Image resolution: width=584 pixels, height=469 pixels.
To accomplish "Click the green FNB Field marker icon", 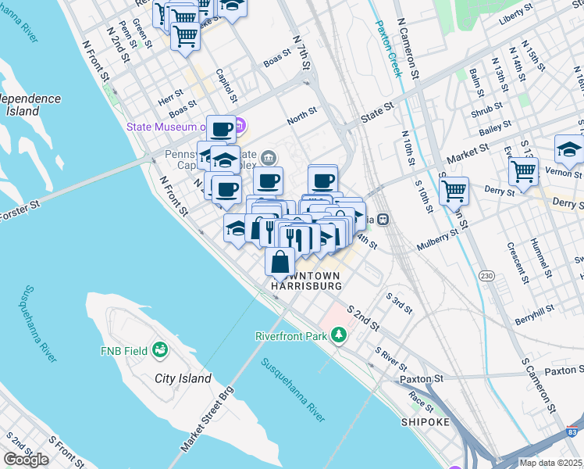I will pyautogui.click(x=161, y=349).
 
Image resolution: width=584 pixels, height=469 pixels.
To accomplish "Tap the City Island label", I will pyautogui.click(x=183, y=378).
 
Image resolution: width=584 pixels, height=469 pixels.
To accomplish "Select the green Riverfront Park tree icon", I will pyautogui.click(x=338, y=335).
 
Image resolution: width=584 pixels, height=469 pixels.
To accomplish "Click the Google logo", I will pyautogui.click(x=26, y=460).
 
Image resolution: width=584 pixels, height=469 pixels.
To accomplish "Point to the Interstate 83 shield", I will pyautogui.click(x=574, y=431).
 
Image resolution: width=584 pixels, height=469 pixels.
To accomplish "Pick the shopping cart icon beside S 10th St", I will pyautogui.click(x=454, y=189).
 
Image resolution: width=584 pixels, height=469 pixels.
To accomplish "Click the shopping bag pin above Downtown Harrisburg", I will pyautogui.click(x=280, y=262).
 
